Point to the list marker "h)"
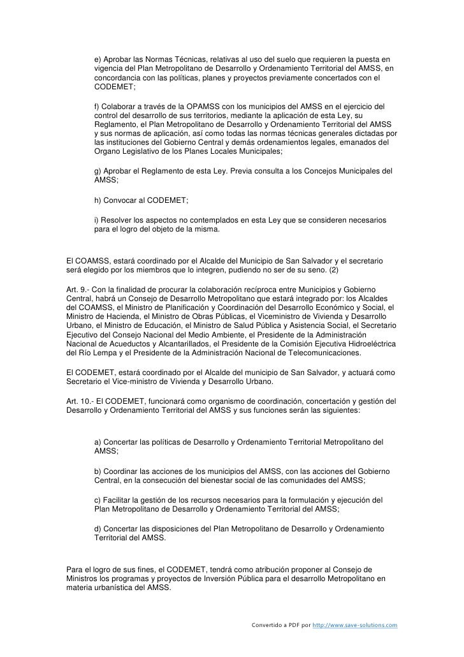(x=98, y=200)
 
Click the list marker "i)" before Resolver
(x=97, y=220)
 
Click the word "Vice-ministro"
(x=132, y=381)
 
